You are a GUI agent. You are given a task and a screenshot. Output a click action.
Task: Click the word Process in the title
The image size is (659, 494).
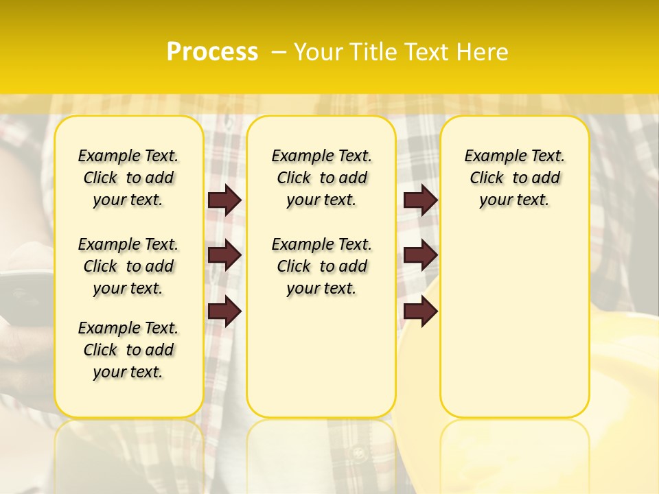pyautogui.click(x=212, y=51)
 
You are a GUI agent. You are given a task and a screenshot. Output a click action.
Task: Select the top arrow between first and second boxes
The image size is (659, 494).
pyautogui.click(x=224, y=200)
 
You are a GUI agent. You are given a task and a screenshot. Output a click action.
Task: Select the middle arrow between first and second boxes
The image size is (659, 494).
pyautogui.click(x=224, y=255)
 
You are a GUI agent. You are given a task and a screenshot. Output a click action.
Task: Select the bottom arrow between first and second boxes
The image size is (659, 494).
pyautogui.click(x=224, y=311)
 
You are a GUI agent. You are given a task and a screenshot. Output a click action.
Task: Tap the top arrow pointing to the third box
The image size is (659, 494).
pyautogui.click(x=420, y=200)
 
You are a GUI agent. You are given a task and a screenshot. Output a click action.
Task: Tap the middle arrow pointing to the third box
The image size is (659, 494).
pyautogui.click(x=420, y=255)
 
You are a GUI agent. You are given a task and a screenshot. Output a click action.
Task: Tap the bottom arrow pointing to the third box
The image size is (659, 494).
pyautogui.click(x=420, y=311)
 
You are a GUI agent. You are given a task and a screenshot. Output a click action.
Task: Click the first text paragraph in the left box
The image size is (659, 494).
pyautogui.click(x=128, y=178)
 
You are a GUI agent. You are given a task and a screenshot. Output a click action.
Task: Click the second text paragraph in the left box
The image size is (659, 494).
pyautogui.click(x=128, y=266)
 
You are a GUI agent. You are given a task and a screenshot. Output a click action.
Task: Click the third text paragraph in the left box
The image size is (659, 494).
pyautogui.click(x=128, y=350)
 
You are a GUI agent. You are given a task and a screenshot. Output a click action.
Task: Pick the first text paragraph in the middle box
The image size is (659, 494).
pyautogui.click(x=322, y=178)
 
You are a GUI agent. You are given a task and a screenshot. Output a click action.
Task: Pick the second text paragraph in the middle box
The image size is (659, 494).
pyautogui.click(x=322, y=266)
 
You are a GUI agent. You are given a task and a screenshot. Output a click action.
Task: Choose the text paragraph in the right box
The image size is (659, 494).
pyautogui.click(x=515, y=178)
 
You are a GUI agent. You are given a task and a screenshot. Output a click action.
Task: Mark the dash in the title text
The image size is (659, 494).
pyautogui.click(x=279, y=52)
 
